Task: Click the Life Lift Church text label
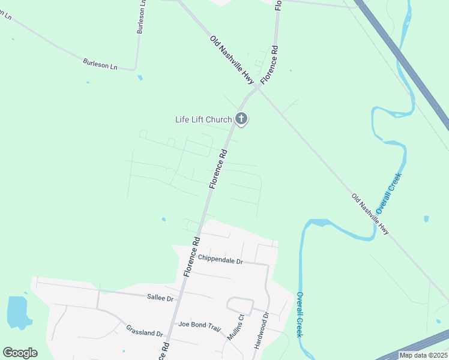coord(203,119)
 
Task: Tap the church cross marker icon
coord(241,119)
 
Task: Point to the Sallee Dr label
coord(160,298)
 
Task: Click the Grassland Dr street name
coord(145,330)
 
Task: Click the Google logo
coord(20,353)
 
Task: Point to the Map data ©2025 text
coord(423,355)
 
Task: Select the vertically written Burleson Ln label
coord(142,17)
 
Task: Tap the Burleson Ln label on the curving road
coord(100,64)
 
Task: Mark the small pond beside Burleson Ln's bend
coord(140,77)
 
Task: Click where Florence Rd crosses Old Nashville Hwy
coord(259,87)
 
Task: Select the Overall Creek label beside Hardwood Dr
coord(299,314)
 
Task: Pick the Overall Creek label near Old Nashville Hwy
coord(388,193)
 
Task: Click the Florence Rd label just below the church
coord(218,170)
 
